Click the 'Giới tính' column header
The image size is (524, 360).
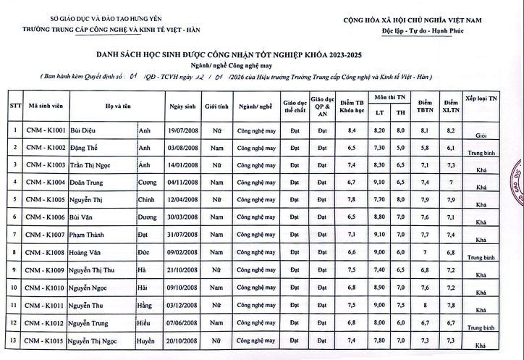coord(216,105)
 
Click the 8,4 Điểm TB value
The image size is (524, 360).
coord(352,130)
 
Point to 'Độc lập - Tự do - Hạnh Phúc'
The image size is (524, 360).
coord(423,33)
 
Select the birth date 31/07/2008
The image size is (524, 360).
coord(182,235)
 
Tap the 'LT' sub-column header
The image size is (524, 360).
coord(378,112)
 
